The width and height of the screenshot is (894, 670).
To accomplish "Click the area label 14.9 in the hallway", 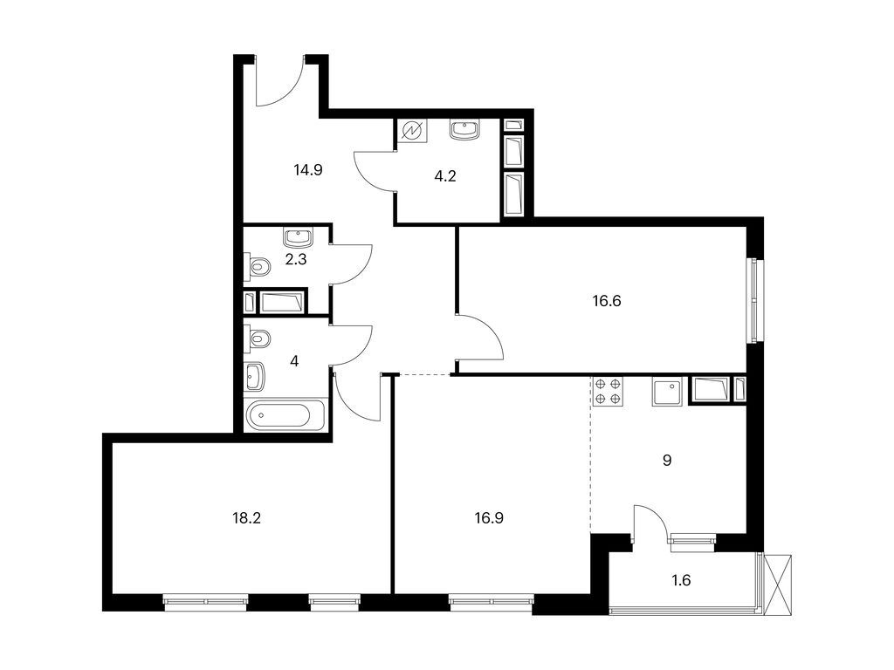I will [x=308, y=170].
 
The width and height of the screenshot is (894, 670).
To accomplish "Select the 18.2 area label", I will [x=246, y=517].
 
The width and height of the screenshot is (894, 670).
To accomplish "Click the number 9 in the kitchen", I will [x=667, y=460].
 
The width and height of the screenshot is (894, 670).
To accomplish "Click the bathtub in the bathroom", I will [x=285, y=415].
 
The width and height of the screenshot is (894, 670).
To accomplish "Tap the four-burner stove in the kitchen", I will [x=608, y=392].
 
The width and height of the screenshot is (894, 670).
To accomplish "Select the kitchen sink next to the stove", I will [x=668, y=391].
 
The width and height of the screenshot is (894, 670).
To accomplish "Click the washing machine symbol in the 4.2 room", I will [x=412, y=132].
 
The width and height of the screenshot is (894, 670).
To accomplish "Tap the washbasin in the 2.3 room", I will [x=298, y=237].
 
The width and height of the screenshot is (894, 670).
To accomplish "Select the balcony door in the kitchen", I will [x=650, y=523].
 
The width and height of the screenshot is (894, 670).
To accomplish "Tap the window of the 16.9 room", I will [x=491, y=600].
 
